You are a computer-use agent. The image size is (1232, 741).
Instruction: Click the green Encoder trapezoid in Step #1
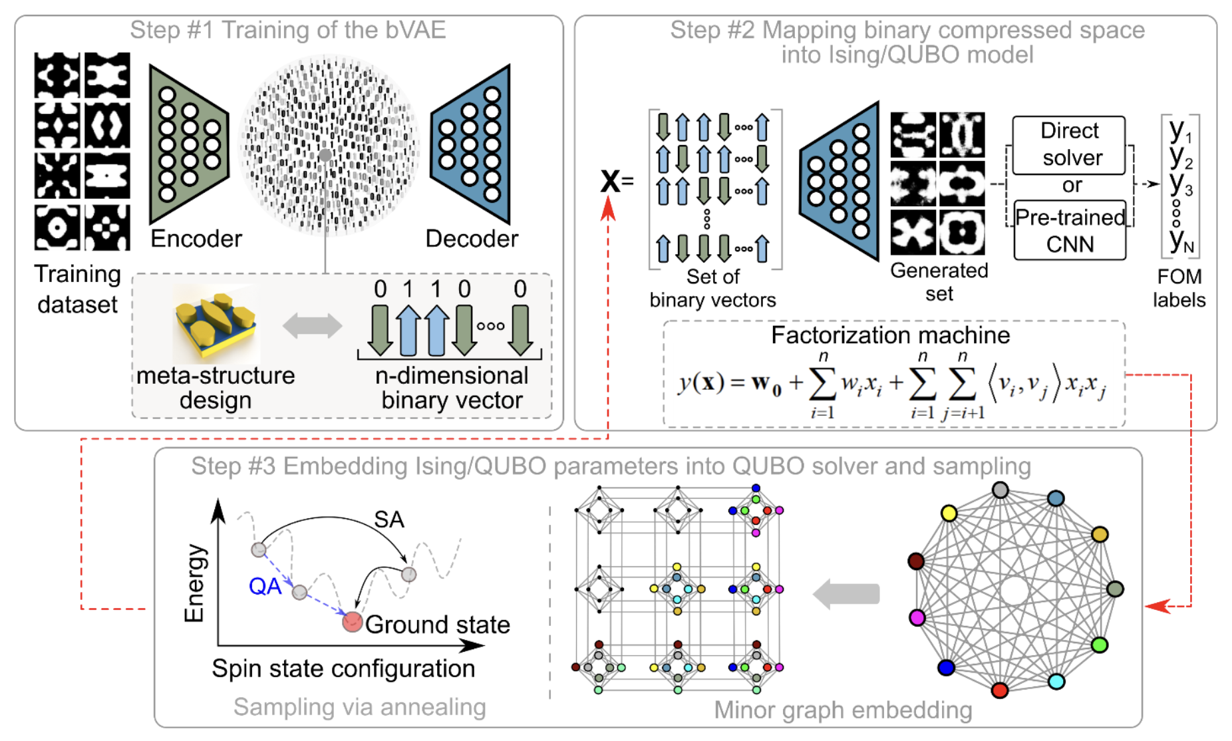[x=189, y=144]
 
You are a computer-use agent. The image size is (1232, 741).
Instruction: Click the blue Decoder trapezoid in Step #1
[x=472, y=144]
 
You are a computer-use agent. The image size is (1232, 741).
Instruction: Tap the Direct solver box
[x=1069, y=144]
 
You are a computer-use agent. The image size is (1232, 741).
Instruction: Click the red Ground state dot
[x=352, y=622]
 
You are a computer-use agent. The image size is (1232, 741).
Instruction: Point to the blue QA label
[x=265, y=586]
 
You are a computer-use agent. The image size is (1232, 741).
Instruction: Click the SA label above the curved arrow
[x=388, y=519]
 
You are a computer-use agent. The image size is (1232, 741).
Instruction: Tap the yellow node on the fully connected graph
[x=949, y=513]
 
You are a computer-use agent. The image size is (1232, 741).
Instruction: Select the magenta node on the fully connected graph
[x=917, y=617]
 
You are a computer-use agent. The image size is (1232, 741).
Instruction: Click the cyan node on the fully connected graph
[x=1056, y=681]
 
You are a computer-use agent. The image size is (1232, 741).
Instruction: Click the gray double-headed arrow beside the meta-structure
[x=312, y=326]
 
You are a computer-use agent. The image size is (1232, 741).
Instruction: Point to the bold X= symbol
[x=616, y=180]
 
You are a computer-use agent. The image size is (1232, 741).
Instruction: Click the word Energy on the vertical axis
[x=194, y=583]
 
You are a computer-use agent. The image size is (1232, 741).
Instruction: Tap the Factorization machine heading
[x=890, y=335]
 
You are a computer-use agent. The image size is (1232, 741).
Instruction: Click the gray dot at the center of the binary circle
[x=325, y=155]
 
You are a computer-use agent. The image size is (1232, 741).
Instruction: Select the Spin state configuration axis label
[x=343, y=668]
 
